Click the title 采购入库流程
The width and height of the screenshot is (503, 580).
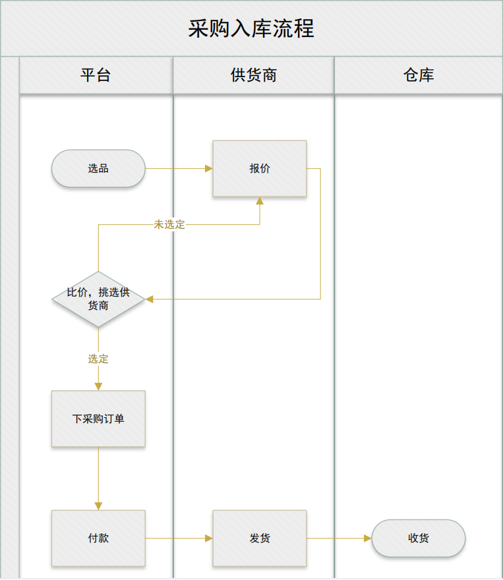(251, 29)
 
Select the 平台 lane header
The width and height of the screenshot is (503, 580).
(96, 75)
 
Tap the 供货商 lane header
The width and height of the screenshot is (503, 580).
(253, 75)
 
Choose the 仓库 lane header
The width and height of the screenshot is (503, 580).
(418, 75)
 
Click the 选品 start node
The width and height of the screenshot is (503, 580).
(98, 169)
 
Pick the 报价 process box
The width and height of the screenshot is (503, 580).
(259, 169)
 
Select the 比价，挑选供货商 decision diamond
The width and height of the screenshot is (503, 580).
(98, 299)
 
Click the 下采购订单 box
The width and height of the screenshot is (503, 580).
(98, 419)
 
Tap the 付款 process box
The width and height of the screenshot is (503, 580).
(98, 538)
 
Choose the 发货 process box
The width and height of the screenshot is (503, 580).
(259, 538)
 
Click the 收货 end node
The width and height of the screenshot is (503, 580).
(418, 538)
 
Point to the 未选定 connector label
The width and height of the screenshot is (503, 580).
(169, 225)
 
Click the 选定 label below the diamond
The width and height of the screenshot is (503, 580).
(98, 359)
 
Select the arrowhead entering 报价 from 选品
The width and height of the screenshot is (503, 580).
(208, 169)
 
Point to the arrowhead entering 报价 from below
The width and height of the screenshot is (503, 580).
(260, 201)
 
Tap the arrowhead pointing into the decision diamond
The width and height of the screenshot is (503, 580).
(150, 299)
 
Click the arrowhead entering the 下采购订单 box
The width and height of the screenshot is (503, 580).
(98, 386)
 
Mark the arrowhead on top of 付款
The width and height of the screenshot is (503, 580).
(98, 506)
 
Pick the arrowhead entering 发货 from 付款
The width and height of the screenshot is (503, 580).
(208, 538)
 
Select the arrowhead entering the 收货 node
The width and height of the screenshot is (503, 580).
(368, 538)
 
